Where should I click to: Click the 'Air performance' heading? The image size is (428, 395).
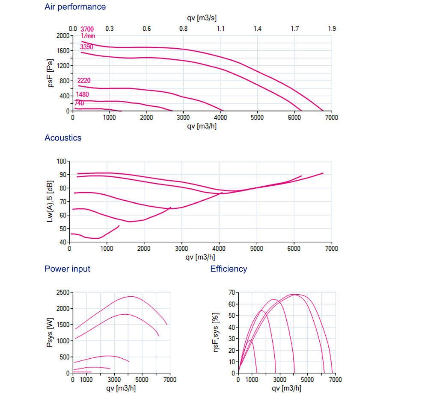(75, 7)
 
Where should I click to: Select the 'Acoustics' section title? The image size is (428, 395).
(63, 138)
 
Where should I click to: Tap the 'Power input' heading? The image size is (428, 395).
(68, 269)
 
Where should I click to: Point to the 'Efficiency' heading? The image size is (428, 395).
(229, 269)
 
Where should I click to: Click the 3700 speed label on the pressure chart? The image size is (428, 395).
(87, 29)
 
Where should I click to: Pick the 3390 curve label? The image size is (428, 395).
(86, 47)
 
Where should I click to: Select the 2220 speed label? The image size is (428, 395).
(84, 80)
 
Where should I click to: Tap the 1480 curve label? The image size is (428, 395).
(83, 94)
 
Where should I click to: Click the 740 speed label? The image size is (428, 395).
(79, 103)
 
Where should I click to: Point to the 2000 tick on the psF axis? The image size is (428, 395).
(63, 36)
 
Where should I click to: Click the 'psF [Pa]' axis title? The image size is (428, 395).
(50, 73)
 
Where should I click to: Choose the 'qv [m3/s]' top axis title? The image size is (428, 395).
(202, 18)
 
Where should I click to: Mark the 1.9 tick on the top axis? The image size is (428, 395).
(332, 29)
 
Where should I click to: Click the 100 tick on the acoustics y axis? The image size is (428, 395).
(61, 161)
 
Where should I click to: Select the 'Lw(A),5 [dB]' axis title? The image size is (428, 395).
(50, 201)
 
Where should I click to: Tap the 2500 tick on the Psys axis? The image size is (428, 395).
(63, 293)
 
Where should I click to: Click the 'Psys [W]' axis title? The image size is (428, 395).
(50, 333)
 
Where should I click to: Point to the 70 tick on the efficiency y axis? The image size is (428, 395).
(232, 293)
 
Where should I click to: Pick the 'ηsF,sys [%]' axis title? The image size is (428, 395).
(216, 332)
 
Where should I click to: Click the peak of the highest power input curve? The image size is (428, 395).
(131, 296)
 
